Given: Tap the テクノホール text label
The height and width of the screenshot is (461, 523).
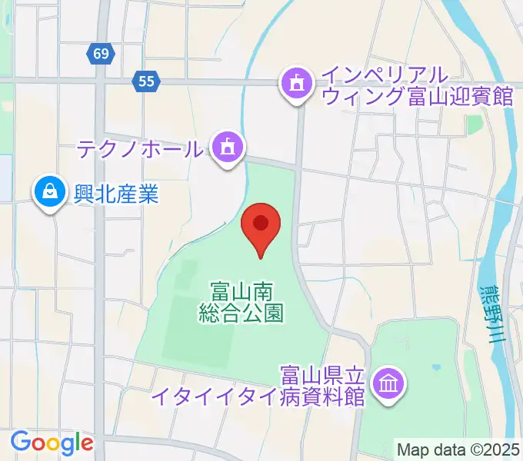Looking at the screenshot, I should pos(139,148).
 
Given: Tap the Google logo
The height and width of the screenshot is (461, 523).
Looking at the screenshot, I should pos(52,443).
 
